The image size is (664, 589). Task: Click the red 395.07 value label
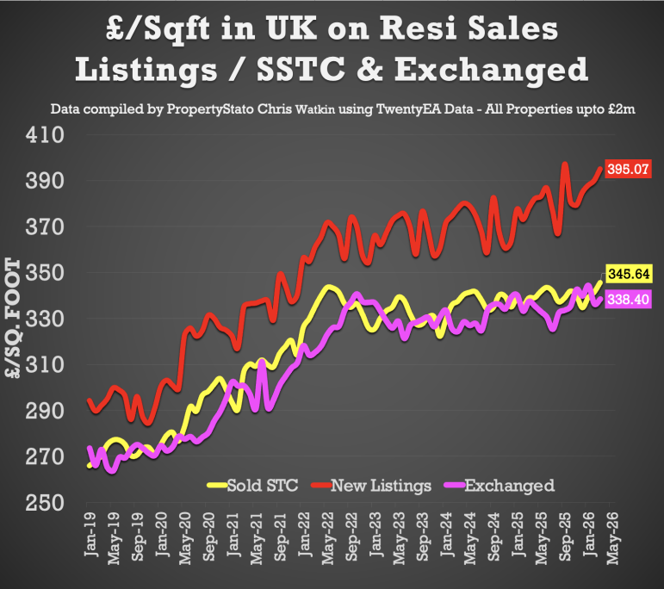pyautogui.click(x=628, y=170)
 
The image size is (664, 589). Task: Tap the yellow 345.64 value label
pyautogui.click(x=629, y=275)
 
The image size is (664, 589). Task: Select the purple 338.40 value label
pyautogui.click(x=629, y=300)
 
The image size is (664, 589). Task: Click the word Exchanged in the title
pyautogui.click(x=500, y=68)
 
